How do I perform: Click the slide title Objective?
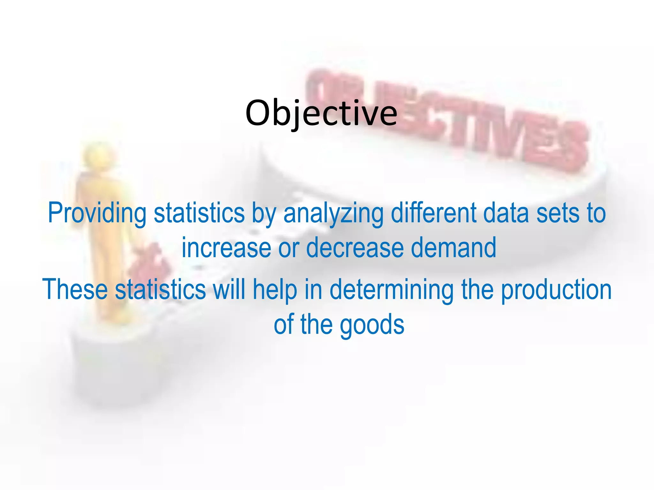321,113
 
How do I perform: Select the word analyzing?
333,213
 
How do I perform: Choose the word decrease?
354,248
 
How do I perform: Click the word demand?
453,248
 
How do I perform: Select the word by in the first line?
264,213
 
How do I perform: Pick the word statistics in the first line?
199,213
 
